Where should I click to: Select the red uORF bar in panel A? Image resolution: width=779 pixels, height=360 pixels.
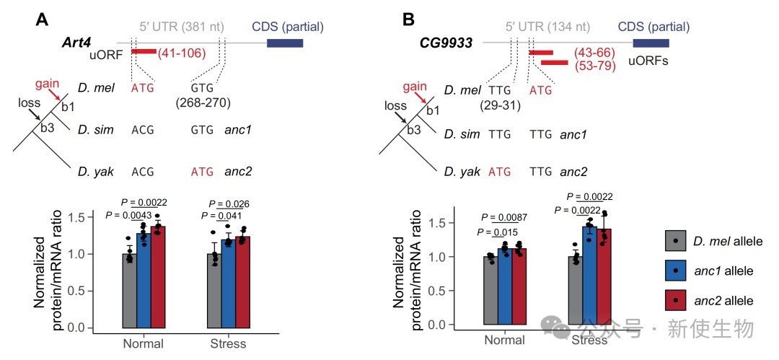tap(144, 51)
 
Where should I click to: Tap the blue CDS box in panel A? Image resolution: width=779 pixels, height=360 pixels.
tap(285, 43)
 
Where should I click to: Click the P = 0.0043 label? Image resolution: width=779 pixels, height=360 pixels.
tap(130, 216)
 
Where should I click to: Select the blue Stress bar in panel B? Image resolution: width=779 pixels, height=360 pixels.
tap(590, 275)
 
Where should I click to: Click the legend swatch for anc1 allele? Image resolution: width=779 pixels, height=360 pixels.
tap(674, 269)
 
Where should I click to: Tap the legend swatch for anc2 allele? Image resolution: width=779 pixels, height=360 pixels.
tap(674, 299)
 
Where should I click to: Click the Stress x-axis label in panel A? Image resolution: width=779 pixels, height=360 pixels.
tap(229, 343)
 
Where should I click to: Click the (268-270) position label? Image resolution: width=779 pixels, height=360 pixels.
tap(203, 103)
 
